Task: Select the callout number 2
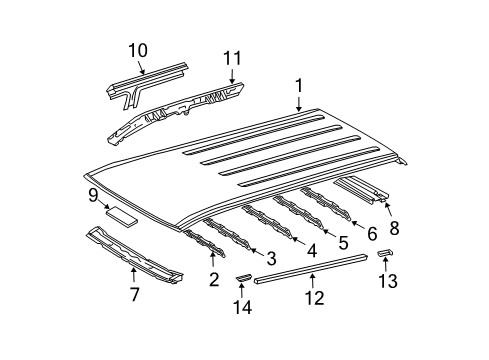coord(213,279)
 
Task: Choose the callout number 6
coord(372,233)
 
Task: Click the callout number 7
coord(133,294)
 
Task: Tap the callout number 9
coord(92,196)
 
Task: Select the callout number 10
coord(138,50)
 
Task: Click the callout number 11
coord(233,60)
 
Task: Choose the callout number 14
coord(239,297)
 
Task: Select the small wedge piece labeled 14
coord(243,273)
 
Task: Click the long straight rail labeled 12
coord(310,266)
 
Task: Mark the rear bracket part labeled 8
coord(362,187)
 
